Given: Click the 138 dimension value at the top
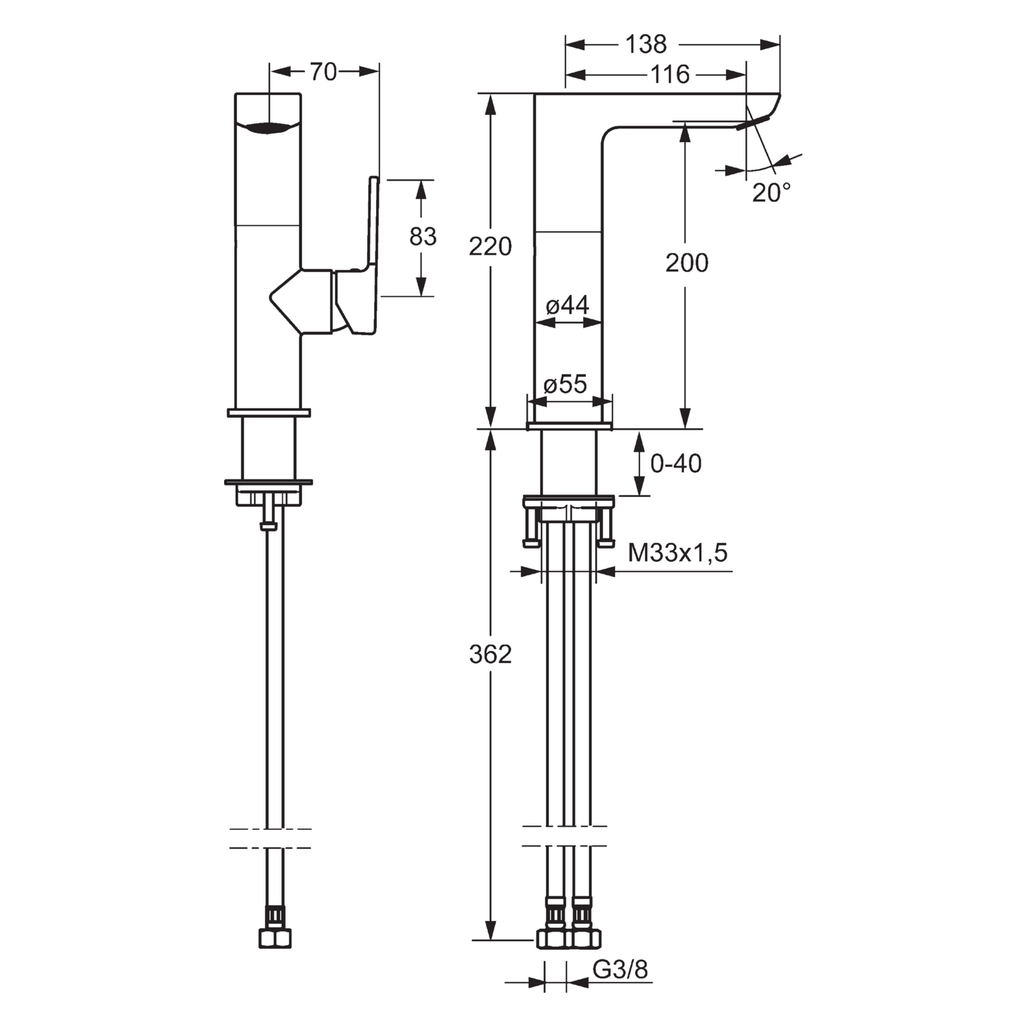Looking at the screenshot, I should (x=646, y=44).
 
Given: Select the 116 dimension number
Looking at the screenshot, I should (x=670, y=74).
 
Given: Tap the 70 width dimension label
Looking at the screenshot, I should (x=323, y=72).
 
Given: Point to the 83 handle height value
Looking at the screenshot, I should (x=423, y=236).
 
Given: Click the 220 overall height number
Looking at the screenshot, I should (x=490, y=247).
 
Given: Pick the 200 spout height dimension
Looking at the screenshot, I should (x=687, y=263).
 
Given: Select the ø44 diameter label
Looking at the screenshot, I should (x=567, y=305).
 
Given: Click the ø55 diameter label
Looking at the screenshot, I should (x=565, y=384).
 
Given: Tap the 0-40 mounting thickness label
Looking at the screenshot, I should (x=676, y=464).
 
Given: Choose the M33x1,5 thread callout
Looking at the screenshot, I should (x=677, y=553).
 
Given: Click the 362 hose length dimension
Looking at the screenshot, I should (x=490, y=654).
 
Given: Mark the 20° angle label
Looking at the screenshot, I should (x=771, y=193).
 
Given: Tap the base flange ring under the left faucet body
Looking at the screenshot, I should (x=269, y=412).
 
